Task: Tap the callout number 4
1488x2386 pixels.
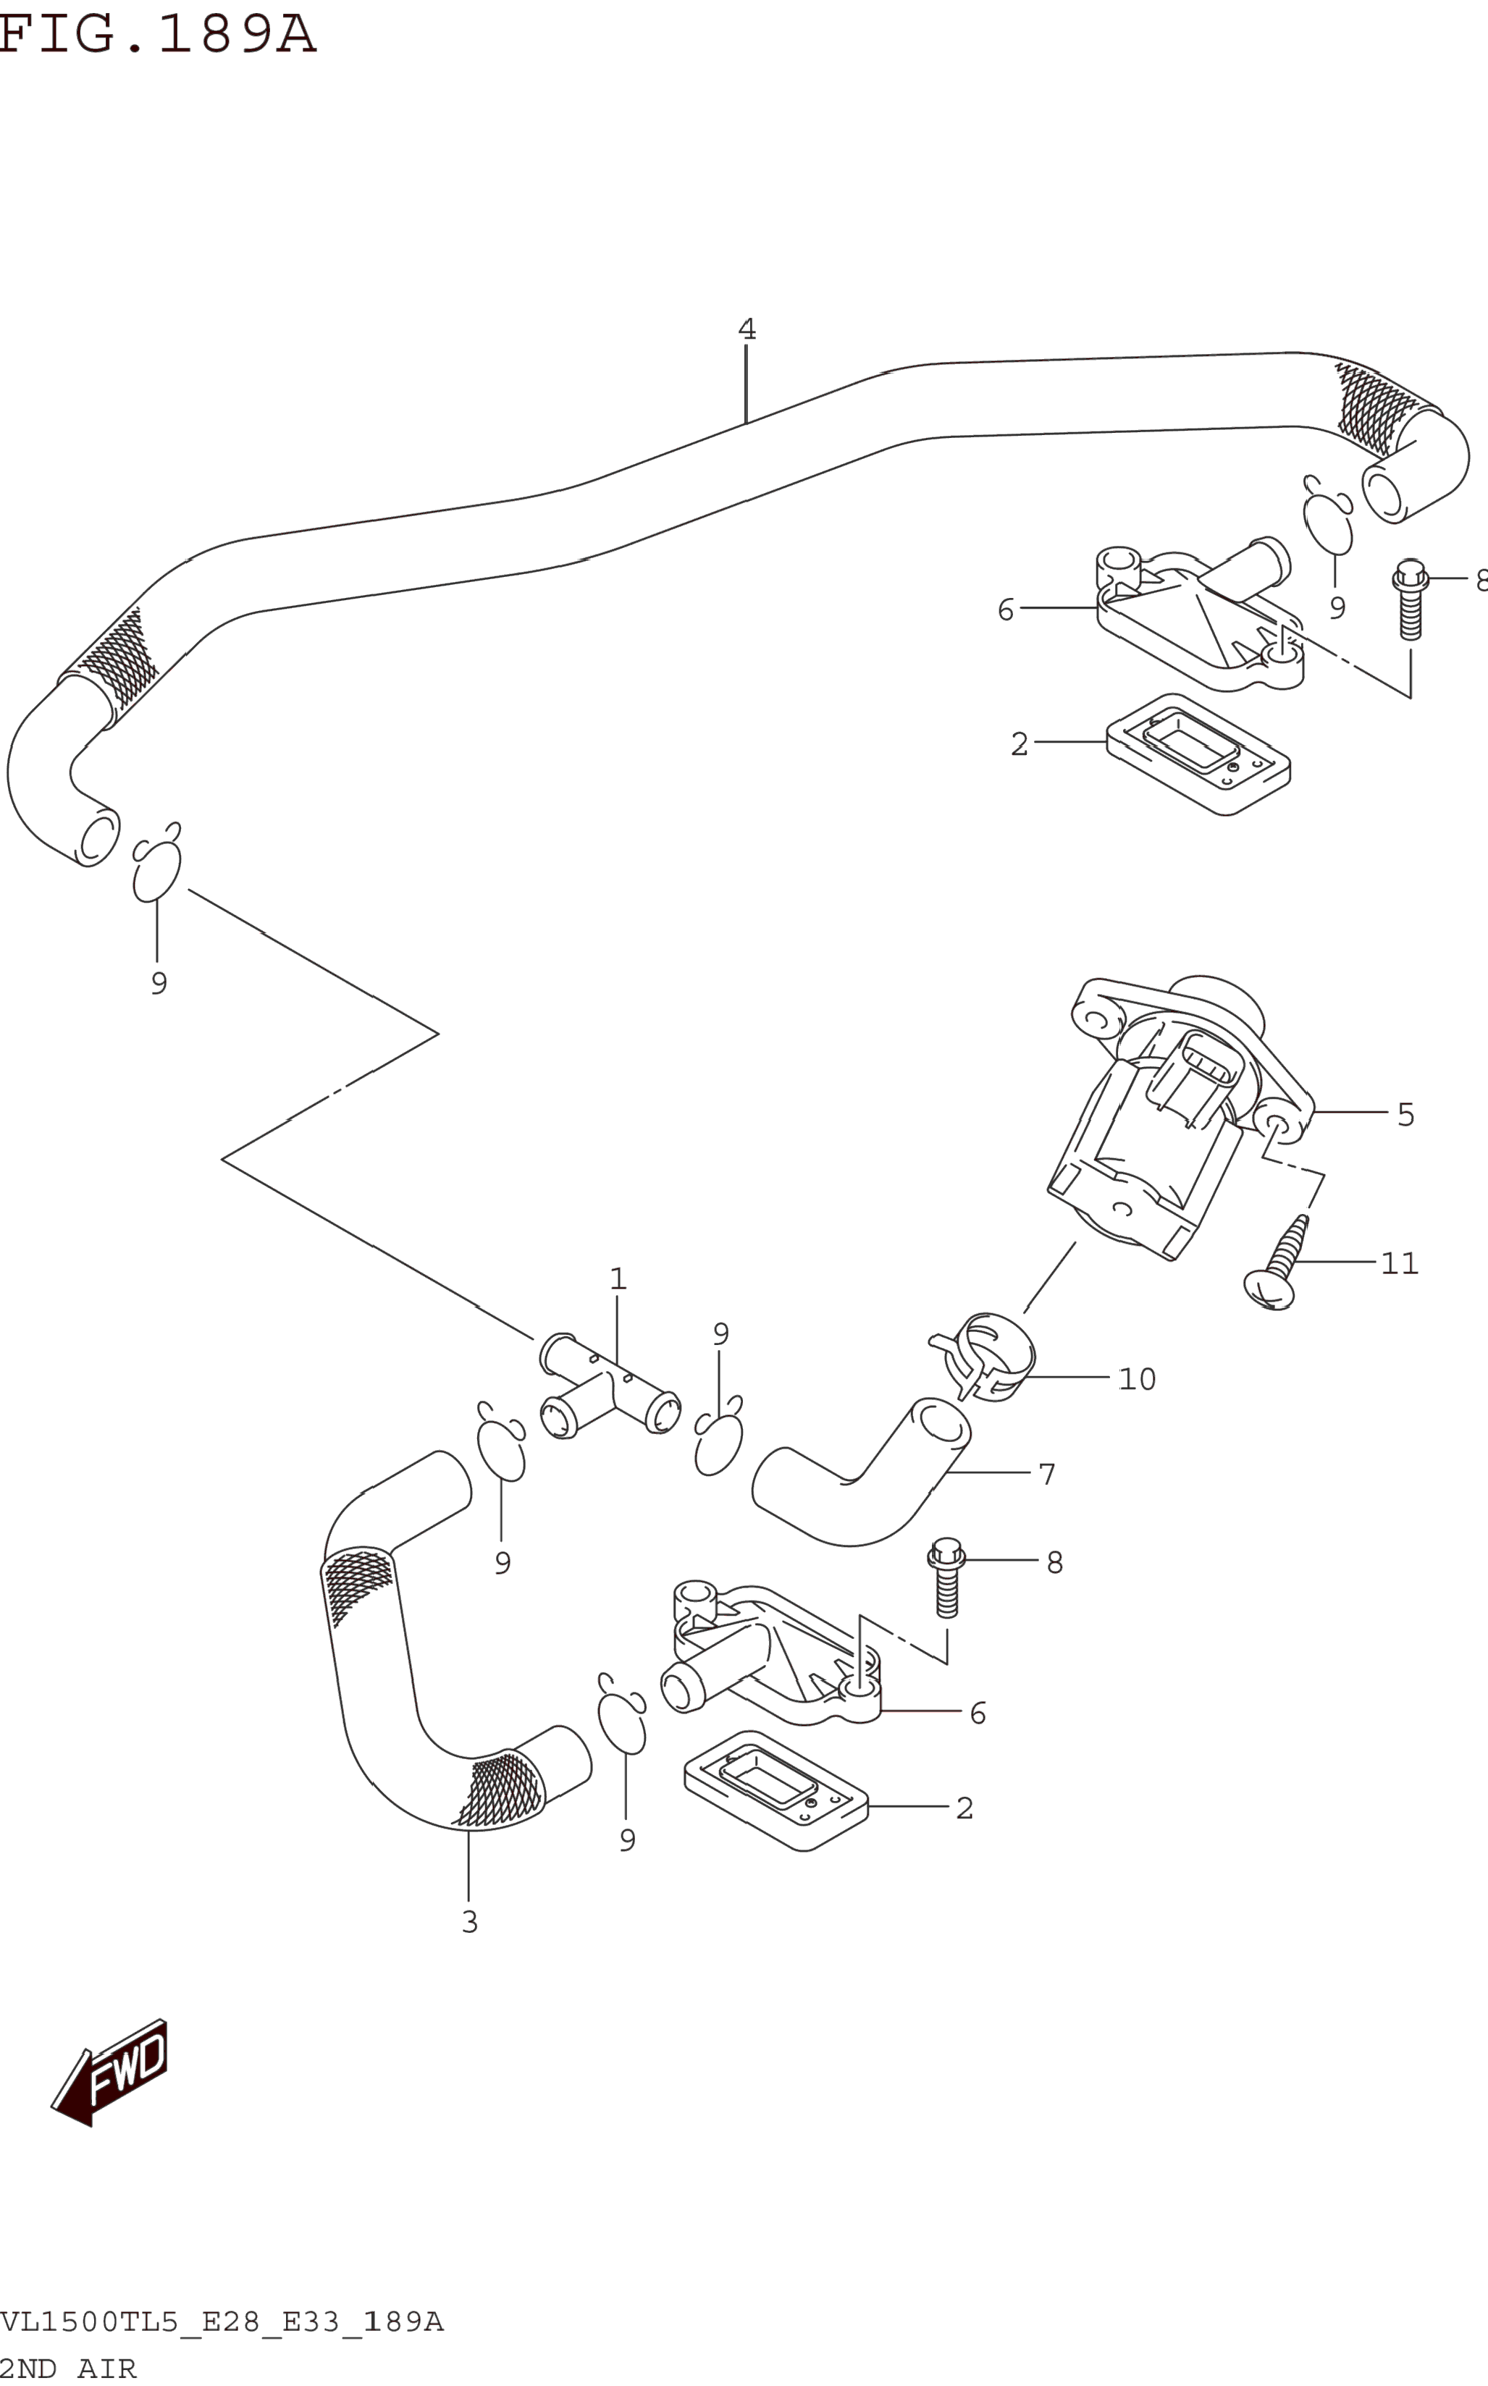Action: pos(747,329)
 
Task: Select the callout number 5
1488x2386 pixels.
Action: pos(1405,1115)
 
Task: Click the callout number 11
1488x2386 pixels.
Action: pos(1398,1263)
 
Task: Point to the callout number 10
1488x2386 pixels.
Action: pos(1137,1378)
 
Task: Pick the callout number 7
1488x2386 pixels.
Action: pos(1046,1474)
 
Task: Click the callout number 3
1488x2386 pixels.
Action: pos(469,1921)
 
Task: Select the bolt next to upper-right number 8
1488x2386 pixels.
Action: pos(1411,600)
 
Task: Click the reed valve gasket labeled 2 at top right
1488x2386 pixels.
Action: pos(1198,753)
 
